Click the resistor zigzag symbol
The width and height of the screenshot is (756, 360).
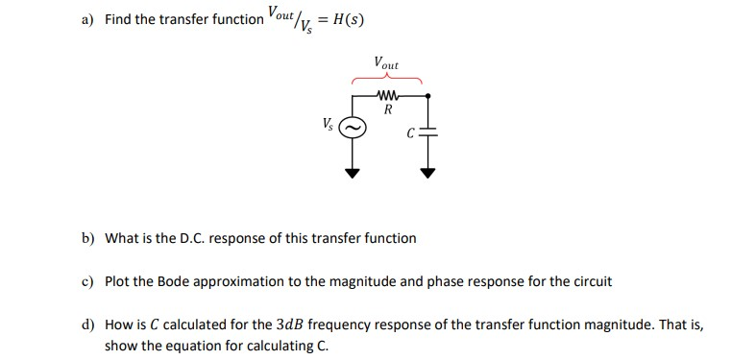(389, 95)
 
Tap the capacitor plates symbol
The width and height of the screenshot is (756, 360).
(429, 132)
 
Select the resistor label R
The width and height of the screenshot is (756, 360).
(387, 109)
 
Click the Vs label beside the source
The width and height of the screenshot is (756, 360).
(329, 124)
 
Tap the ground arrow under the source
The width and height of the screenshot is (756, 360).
(353, 174)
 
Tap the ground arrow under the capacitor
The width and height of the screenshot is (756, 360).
(429, 174)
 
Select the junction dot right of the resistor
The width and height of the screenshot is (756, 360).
(429, 95)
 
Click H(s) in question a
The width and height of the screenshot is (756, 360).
(343, 20)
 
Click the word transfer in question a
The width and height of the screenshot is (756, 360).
(198, 20)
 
